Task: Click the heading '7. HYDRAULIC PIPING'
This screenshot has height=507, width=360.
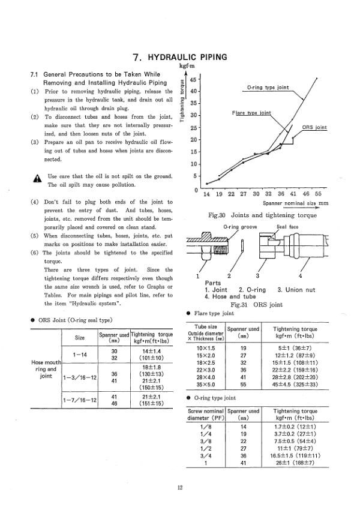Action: pos(180,58)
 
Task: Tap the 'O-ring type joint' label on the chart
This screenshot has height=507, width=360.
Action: pos(268,88)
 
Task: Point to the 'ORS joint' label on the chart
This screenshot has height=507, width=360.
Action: pos(314,128)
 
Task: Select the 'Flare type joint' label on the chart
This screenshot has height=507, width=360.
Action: pos(251,112)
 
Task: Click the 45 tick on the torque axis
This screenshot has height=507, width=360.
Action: pos(193,79)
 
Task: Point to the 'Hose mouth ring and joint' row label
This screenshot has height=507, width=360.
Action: pos(46,370)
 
